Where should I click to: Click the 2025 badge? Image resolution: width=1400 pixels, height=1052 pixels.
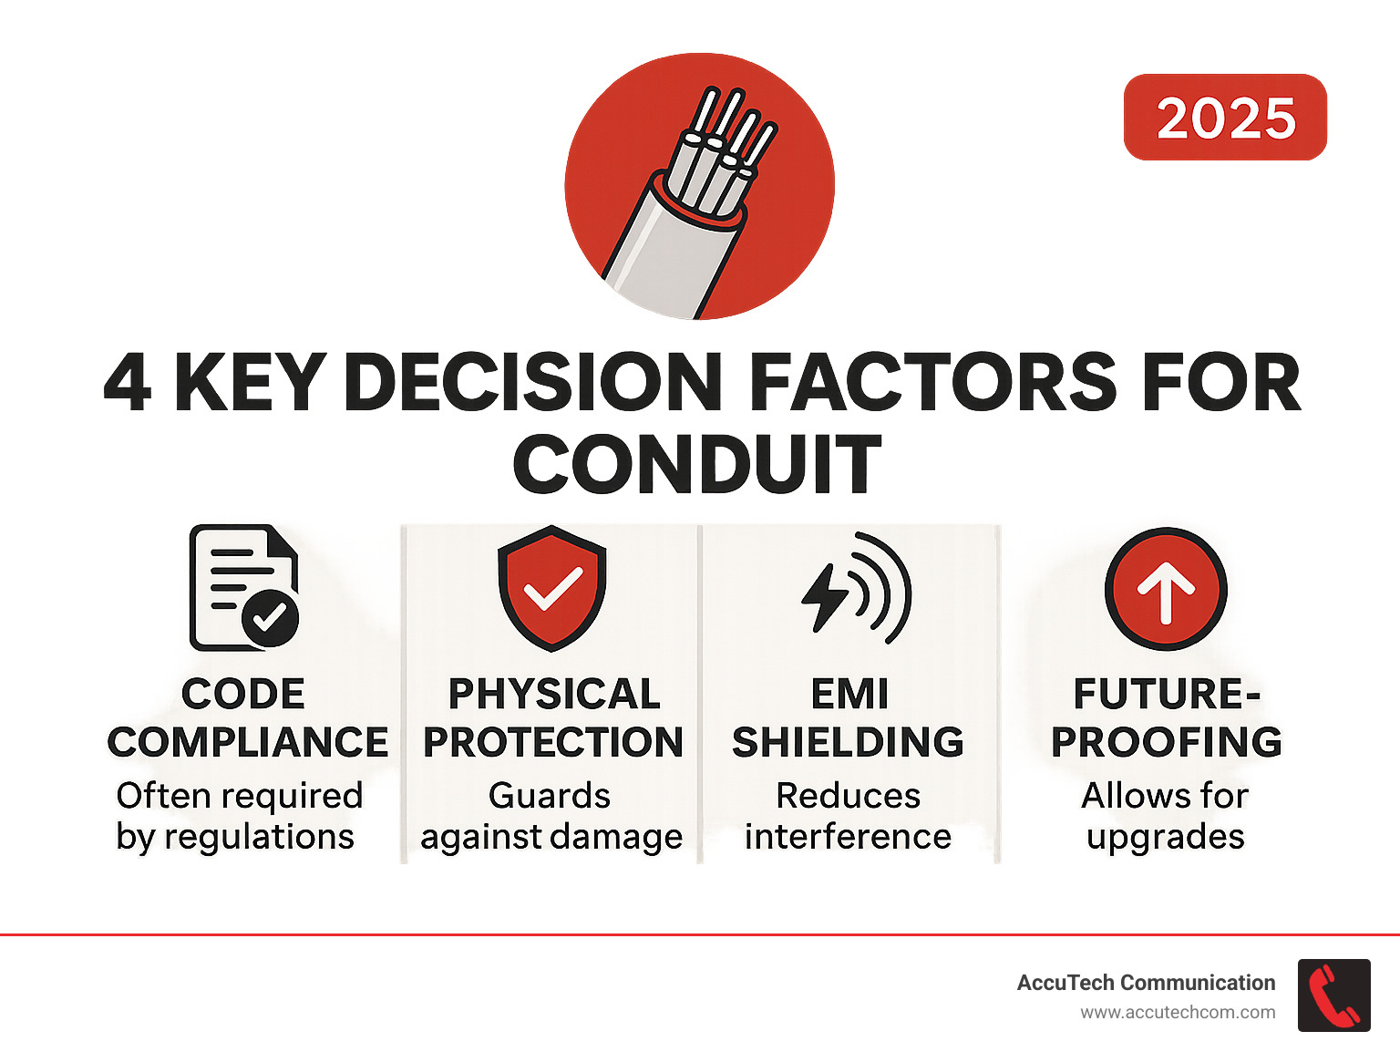pyautogui.click(x=1225, y=118)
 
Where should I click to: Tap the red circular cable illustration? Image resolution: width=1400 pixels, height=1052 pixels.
pyautogui.click(x=699, y=187)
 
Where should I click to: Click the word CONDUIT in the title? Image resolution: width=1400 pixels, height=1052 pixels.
pyautogui.click(x=697, y=464)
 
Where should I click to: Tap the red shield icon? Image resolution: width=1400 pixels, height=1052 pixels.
pyautogui.click(x=551, y=588)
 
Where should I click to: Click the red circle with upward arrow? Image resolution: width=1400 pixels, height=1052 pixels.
pyautogui.click(x=1166, y=589)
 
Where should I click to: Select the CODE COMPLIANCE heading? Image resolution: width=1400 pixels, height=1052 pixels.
pyautogui.click(x=247, y=718)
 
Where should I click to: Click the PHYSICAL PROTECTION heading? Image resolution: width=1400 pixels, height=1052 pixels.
pyautogui.click(x=553, y=718)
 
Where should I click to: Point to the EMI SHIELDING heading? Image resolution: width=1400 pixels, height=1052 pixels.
pyautogui.click(x=849, y=718)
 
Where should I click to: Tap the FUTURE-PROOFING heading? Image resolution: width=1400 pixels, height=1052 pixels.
pyautogui.click(x=1167, y=718)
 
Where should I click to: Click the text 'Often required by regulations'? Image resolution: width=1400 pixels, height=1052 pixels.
pyautogui.click(x=238, y=816)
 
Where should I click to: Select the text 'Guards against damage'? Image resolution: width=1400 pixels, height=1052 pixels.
pyautogui.click(x=551, y=816)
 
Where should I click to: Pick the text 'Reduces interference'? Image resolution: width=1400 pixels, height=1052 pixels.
pyautogui.click(x=849, y=816)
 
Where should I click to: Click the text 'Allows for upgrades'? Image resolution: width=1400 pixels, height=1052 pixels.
pyautogui.click(x=1165, y=816)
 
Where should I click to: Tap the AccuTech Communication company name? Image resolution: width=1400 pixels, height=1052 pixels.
pyautogui.click(x=1146, y=983)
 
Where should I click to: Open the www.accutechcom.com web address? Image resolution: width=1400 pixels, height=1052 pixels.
pyautogui.click(x=1178, y=1012)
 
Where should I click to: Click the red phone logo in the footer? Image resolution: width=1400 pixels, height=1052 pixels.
pyautogui.click(x=1333, y=995)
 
